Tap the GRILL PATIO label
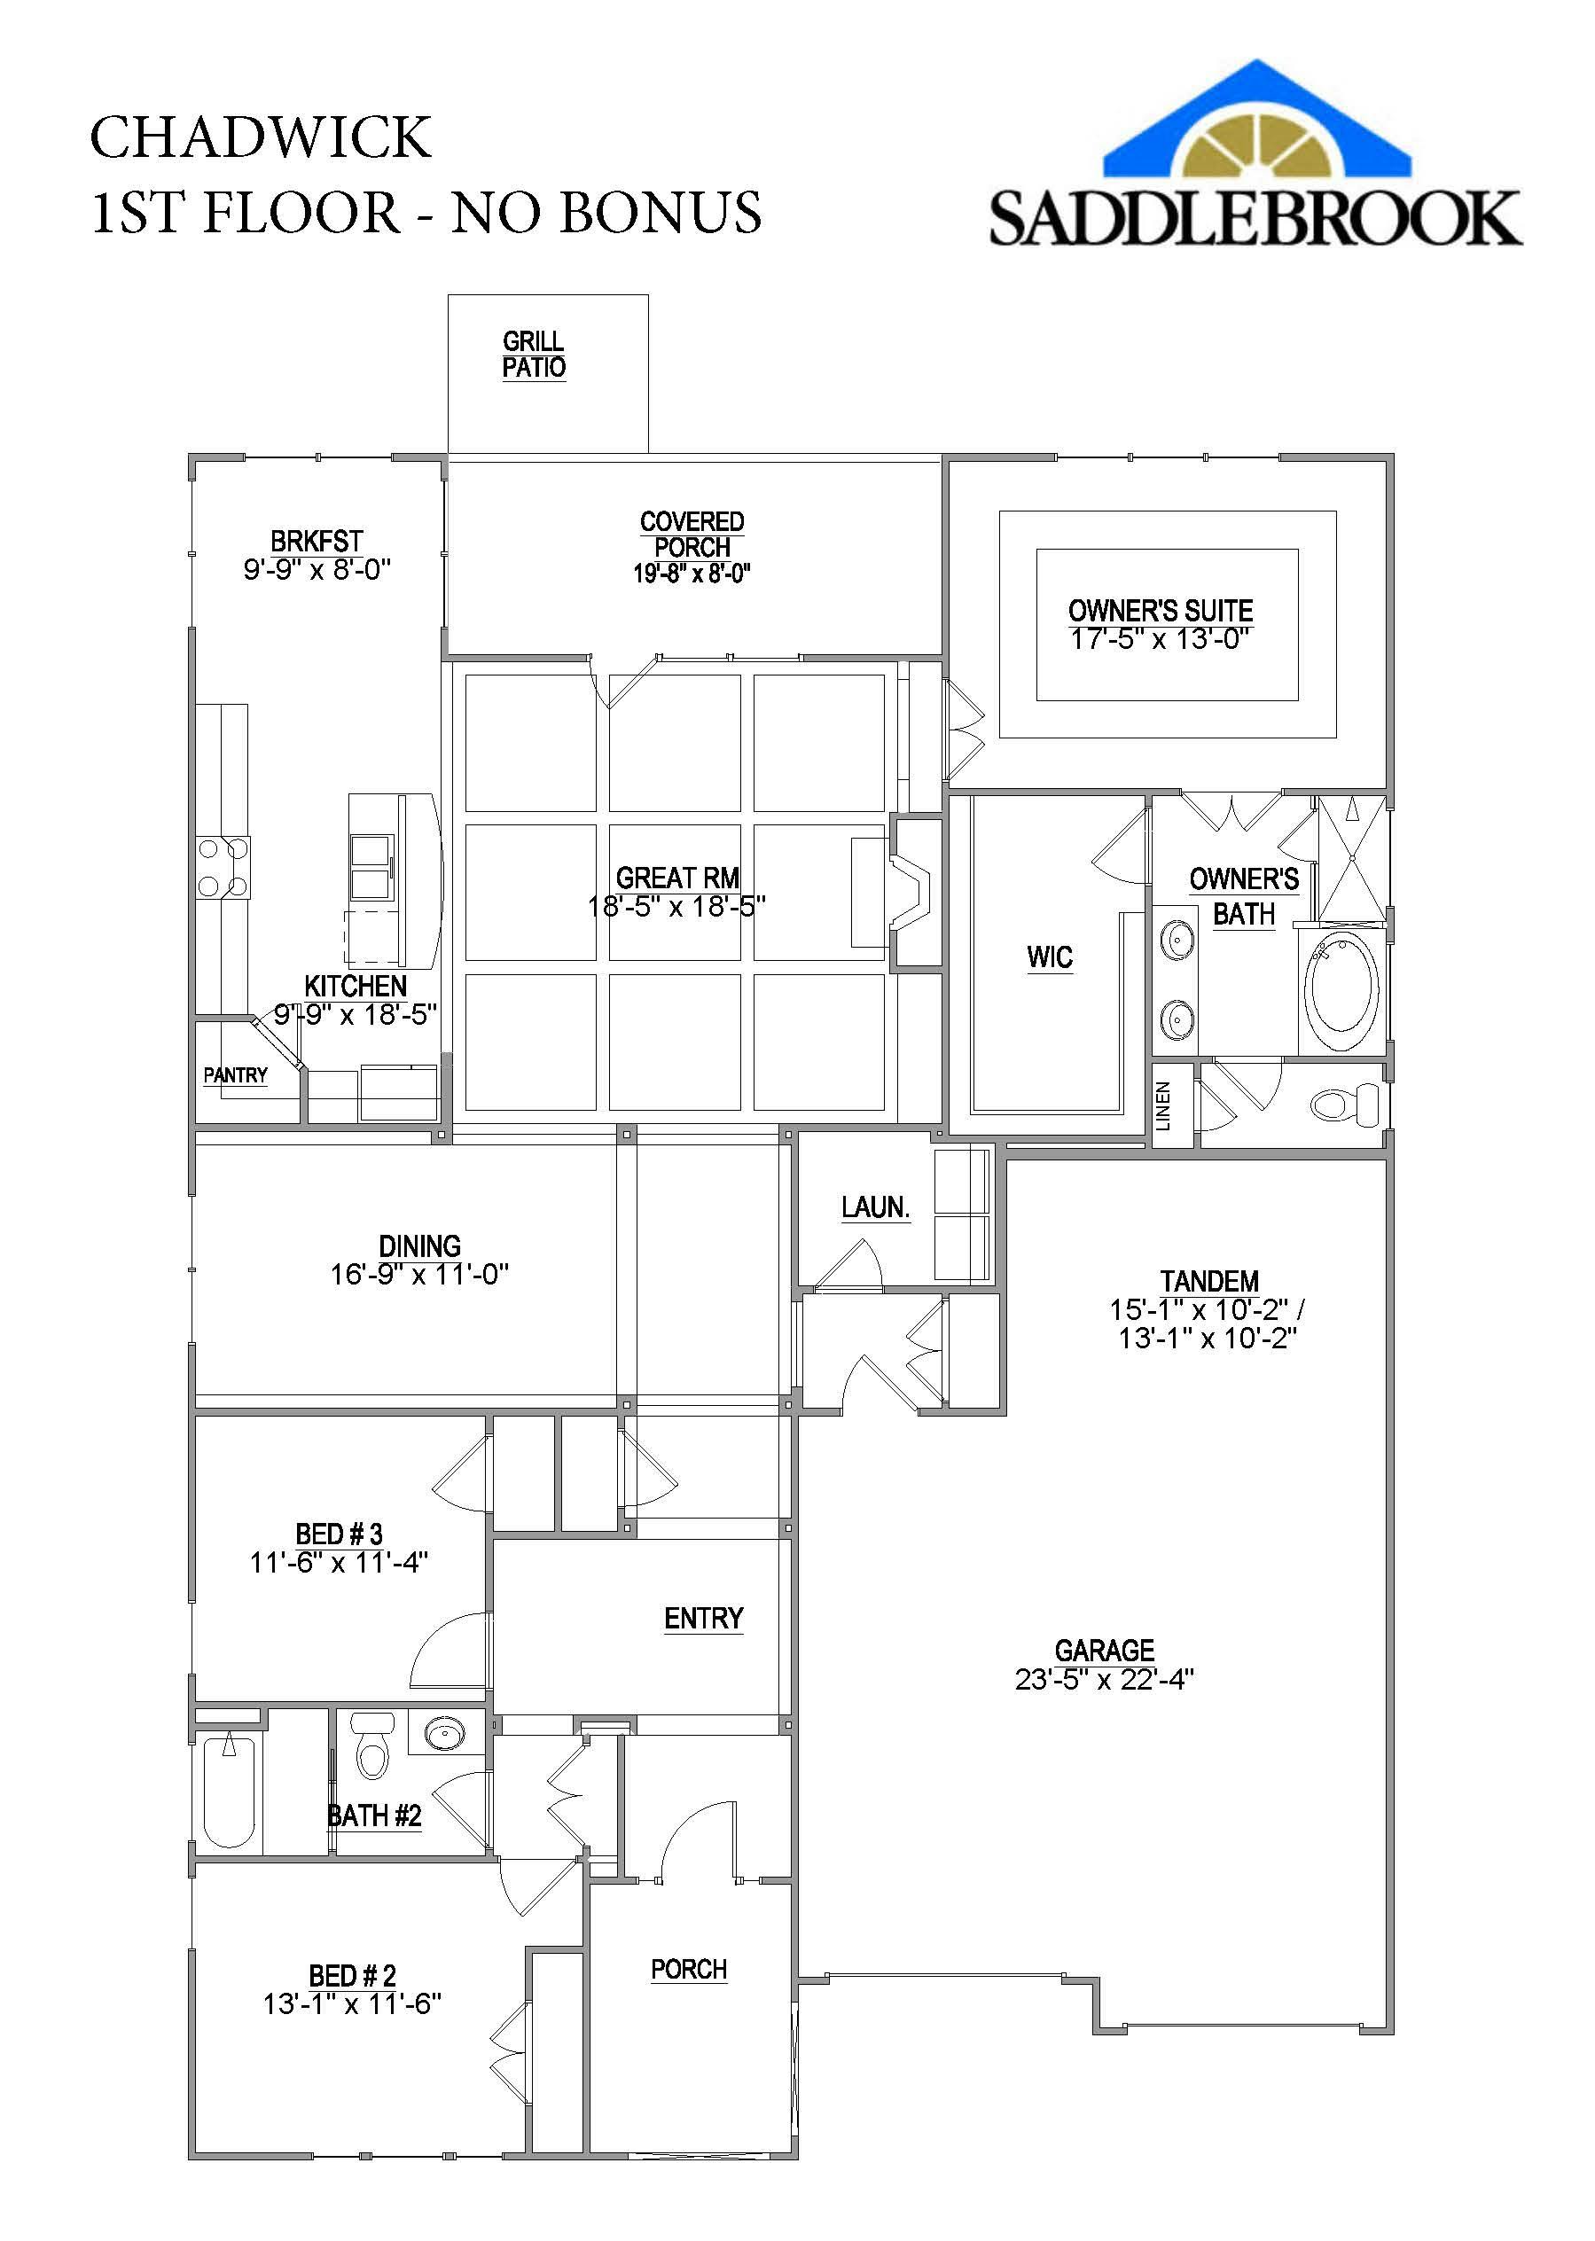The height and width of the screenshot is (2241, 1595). [x=534, y=355]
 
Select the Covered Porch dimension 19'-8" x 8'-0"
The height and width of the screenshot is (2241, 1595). [x=692, y=574]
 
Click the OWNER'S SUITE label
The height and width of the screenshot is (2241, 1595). [x=1160, y=610]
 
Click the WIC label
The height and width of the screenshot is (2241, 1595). [x=1049, y=957]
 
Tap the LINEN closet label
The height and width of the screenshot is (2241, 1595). [x=1164, y=1105]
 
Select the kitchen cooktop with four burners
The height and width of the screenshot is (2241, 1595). [x=223, y=867]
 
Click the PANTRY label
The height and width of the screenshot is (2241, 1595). [x=236, y=1075]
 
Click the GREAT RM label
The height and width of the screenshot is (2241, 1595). [x=676, y=878]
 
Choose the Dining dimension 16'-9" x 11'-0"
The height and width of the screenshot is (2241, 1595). [x=419, y=1275]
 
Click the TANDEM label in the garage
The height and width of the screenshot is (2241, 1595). [x=1208, y=1282]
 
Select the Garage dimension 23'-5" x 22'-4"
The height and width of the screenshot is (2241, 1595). [x=1104, y=1680]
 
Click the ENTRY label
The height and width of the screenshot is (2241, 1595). [x=703, y=1619]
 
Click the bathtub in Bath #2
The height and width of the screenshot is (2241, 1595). [x=229, y=1792]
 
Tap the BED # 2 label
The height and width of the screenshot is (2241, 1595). [x=352, y=1976]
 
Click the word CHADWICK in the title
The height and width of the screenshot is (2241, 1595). [x=261, y=137]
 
